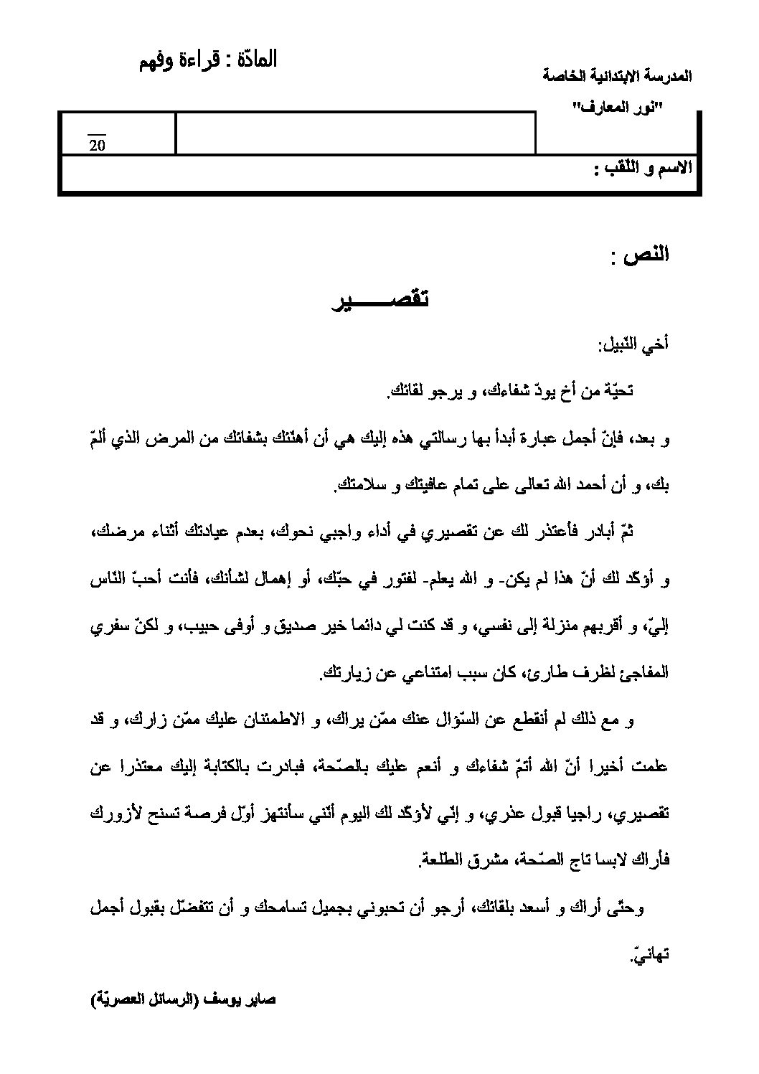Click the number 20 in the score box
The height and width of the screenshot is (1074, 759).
point(97,146)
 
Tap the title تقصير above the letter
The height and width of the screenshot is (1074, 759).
point(379,301)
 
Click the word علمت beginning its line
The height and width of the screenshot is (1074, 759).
point(652,767)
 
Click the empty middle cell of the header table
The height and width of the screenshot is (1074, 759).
point(356,133)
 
